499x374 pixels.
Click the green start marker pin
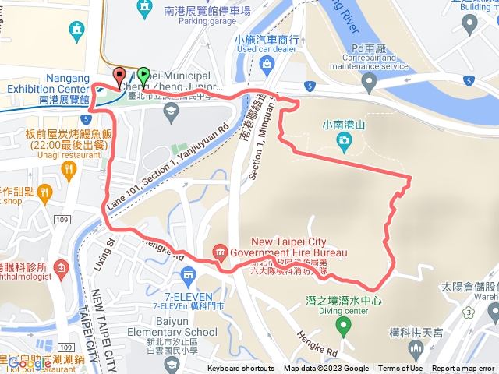point(143,77)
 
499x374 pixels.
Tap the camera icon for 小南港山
point(344,140)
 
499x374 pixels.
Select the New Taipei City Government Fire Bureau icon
point(220,252)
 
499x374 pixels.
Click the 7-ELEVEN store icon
point(187,274)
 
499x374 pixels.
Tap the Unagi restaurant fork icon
point(69,168)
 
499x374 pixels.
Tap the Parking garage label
point(203,21)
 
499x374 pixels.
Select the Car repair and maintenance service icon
point(369,81)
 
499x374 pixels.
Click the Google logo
point(29,363)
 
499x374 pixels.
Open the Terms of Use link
point(401,369)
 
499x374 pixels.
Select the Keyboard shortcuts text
point(241,369)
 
